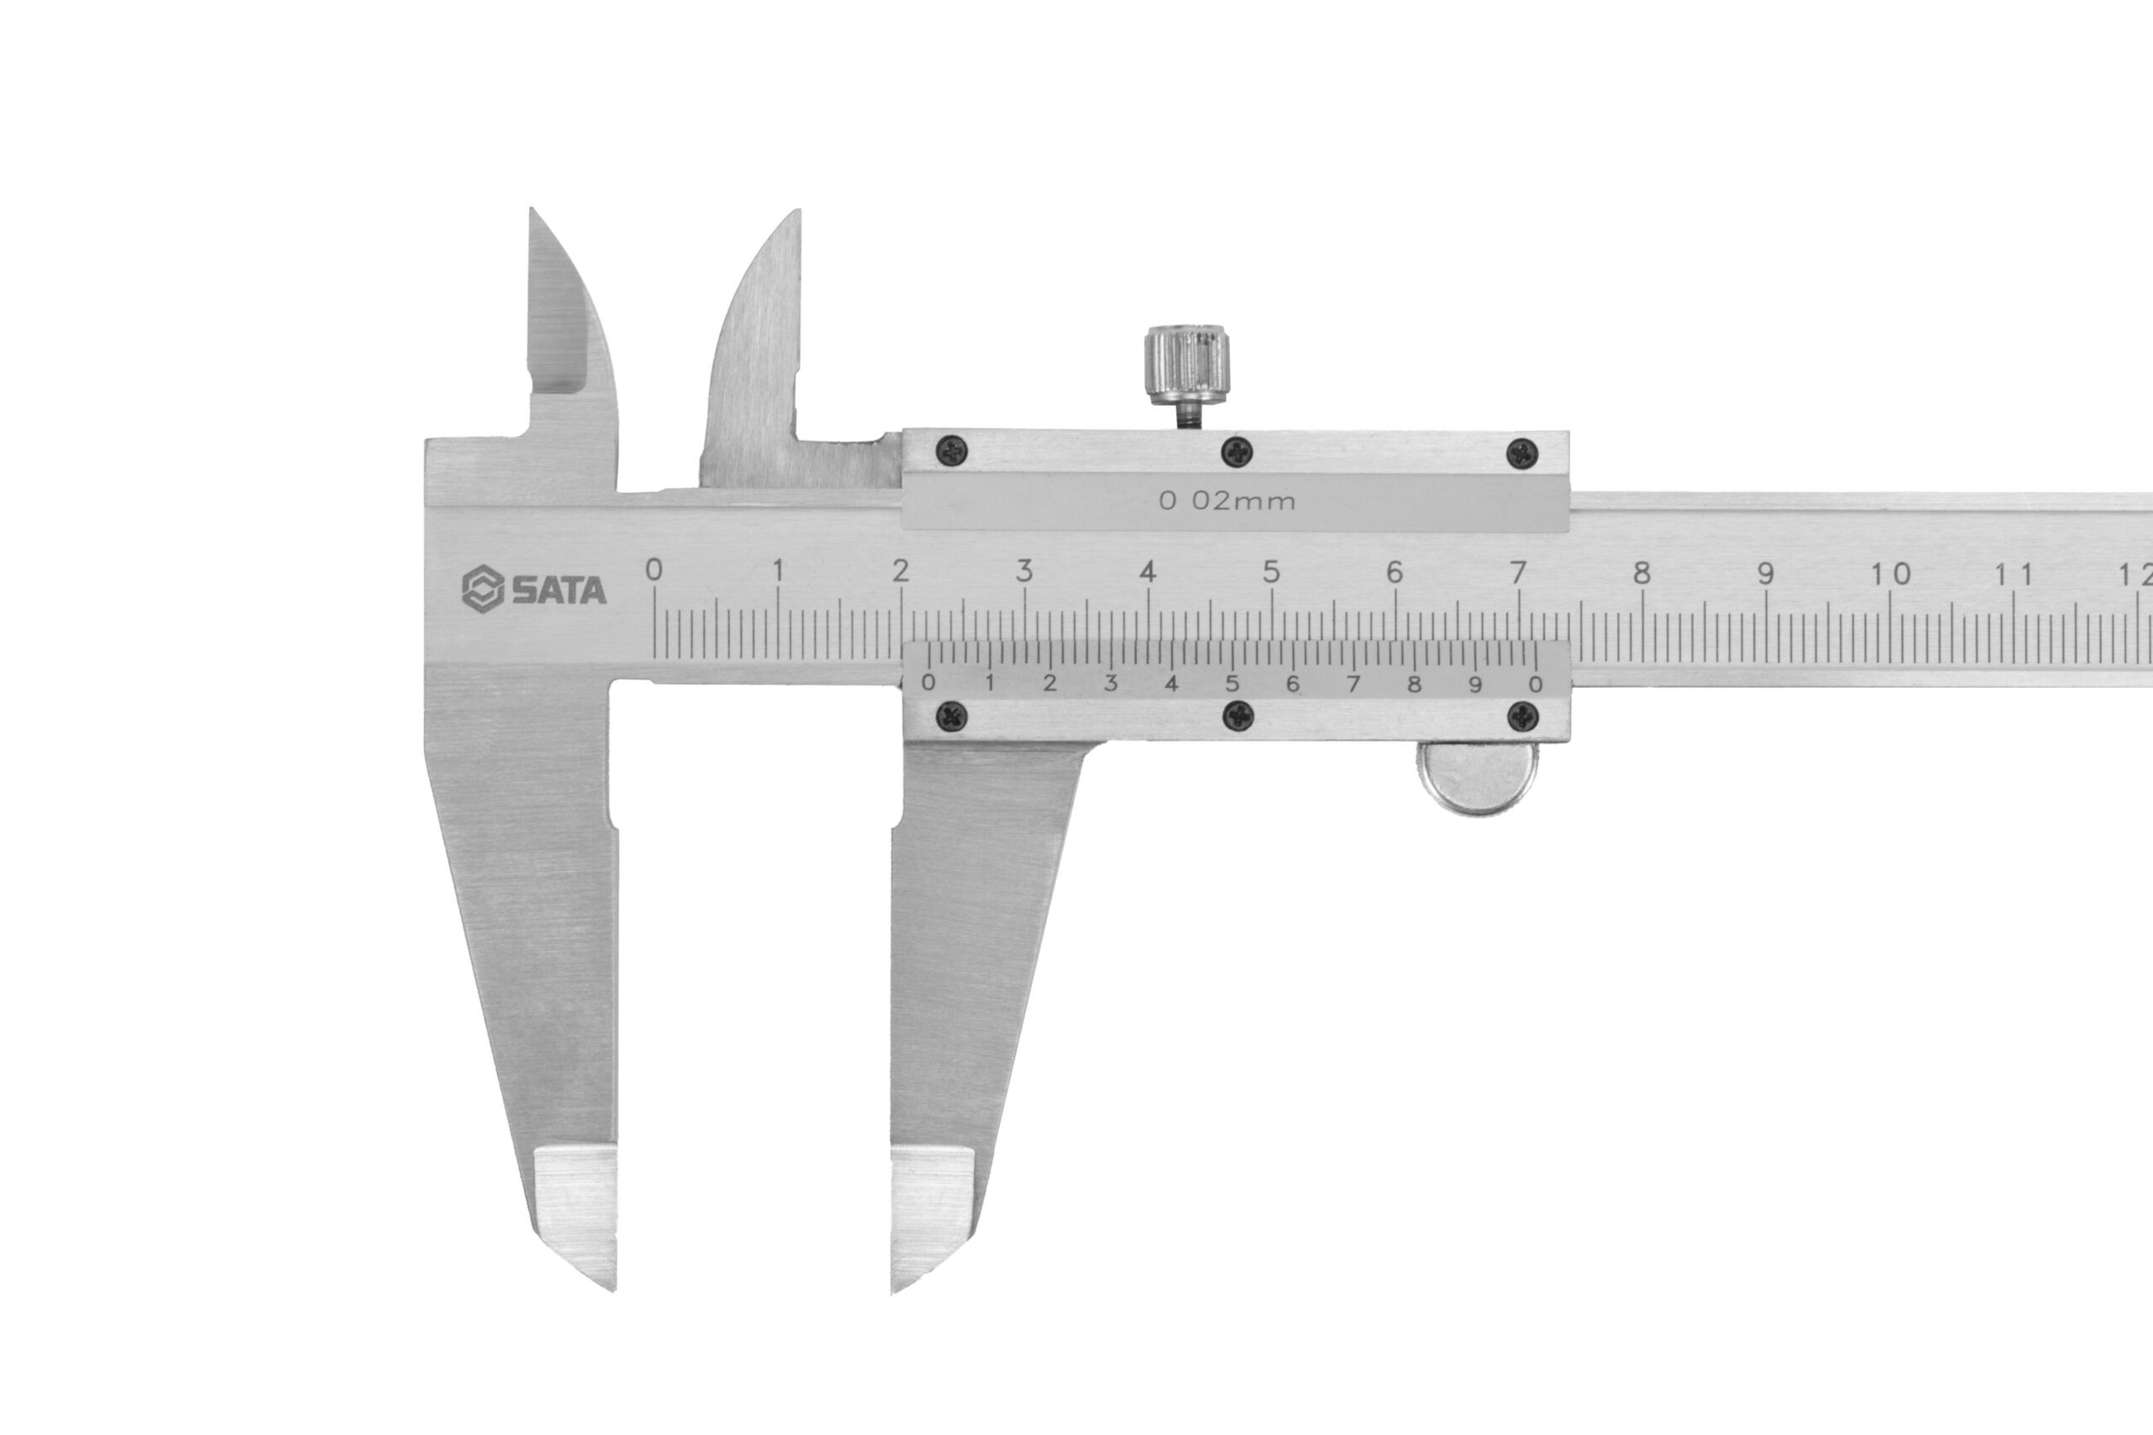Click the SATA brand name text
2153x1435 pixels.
tap(558, 590)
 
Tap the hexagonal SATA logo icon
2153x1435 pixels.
tap(483, 588)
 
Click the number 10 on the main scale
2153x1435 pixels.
tap(1891, 574)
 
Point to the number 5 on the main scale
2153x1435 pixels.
tap(1271, 572)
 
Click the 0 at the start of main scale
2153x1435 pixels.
tap(653, 570)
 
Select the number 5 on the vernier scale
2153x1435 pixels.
tap(1232, 683)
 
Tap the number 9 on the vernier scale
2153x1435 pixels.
tap(1474, 683)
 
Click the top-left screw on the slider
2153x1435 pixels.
tap(953, 450)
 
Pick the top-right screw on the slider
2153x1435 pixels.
tap(1522, 451)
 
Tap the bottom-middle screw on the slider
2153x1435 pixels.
tap(1238, 715)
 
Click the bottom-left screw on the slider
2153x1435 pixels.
tap(953, 715)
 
